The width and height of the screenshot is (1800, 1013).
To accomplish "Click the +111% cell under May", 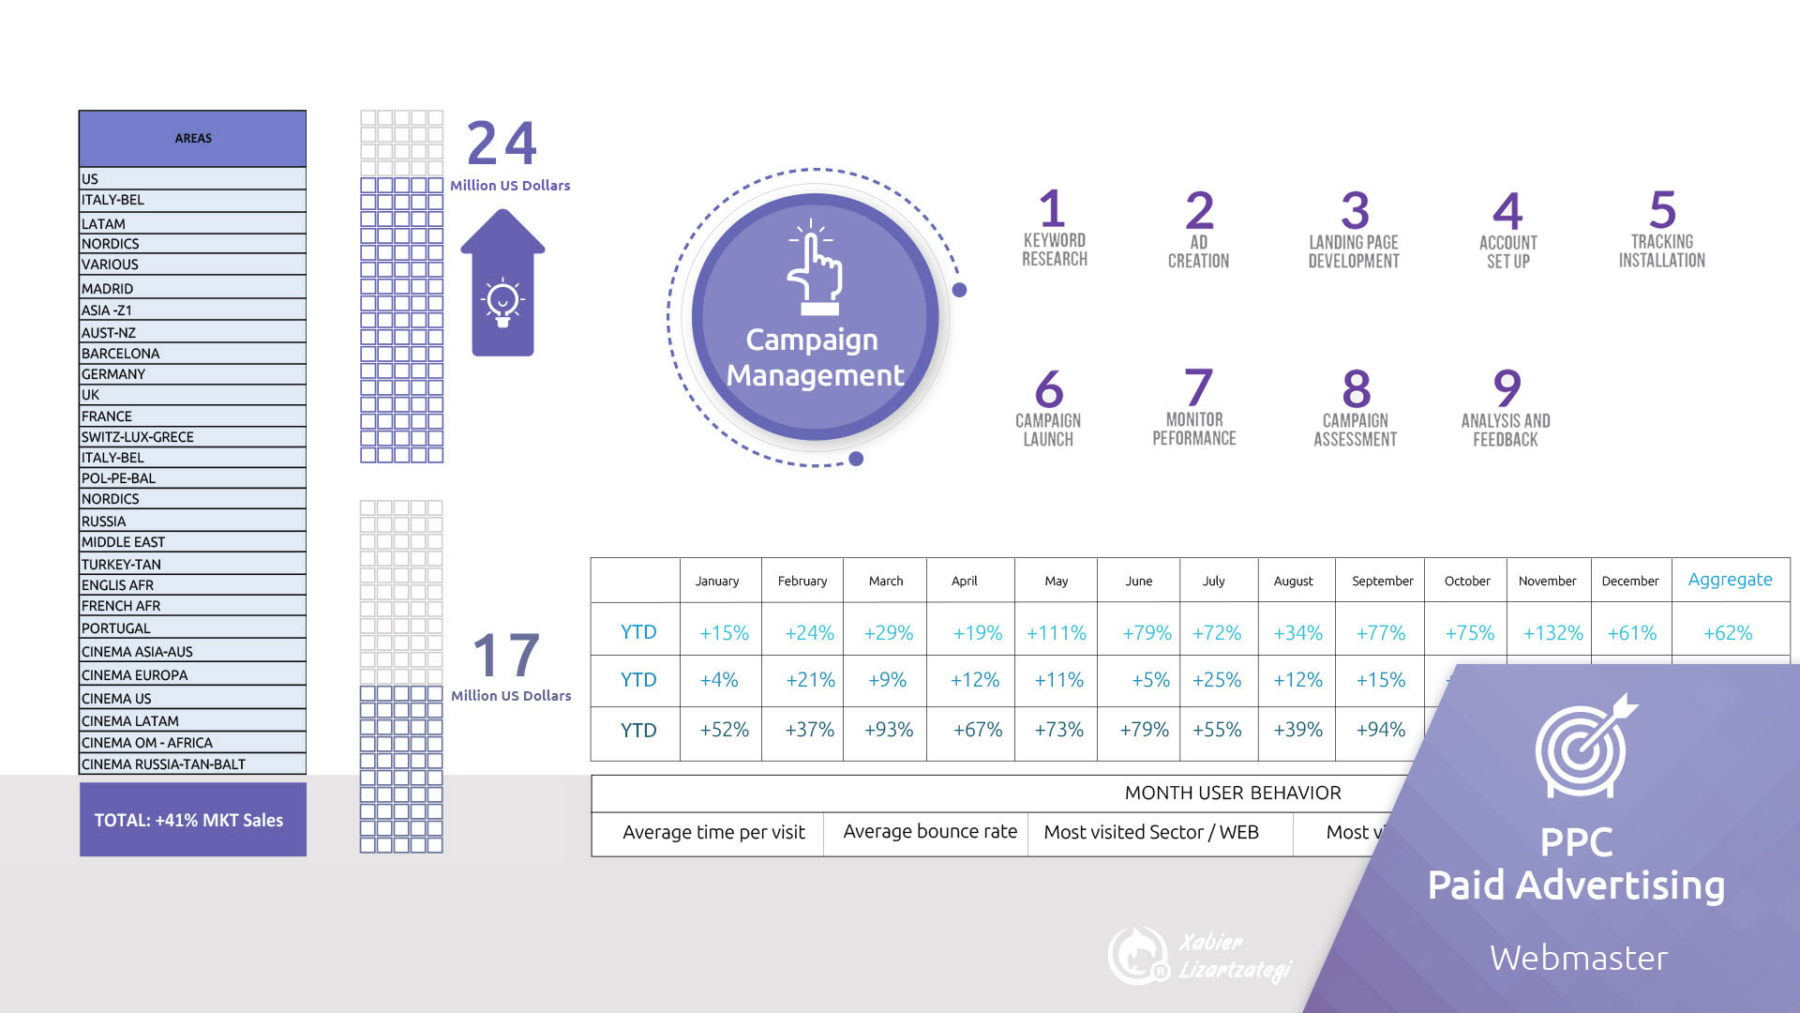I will pos(1057,633).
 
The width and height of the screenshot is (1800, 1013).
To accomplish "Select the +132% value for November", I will pos(1552,633).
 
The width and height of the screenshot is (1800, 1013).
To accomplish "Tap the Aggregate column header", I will pos(1730,580).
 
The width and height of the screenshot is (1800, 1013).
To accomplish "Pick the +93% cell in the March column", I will pos(888,730).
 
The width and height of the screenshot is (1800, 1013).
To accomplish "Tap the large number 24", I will pos(502,144).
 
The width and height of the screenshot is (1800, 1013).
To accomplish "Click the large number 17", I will pos(506,655).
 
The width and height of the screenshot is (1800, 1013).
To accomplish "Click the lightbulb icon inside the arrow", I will pos(502,303).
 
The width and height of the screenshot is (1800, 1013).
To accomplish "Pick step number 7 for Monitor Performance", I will pos(1197,387).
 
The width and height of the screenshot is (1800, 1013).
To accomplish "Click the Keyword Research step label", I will pos(1055,249).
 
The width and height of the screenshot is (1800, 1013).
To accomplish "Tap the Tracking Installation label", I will pos(1661,250).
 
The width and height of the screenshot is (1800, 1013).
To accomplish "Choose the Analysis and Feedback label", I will pos(1506,430).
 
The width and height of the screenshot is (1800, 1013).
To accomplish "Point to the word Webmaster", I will pos(1579,958).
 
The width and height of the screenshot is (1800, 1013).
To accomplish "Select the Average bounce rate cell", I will pos(929,832).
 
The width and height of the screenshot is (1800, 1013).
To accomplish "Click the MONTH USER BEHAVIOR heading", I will pos(1232,793).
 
